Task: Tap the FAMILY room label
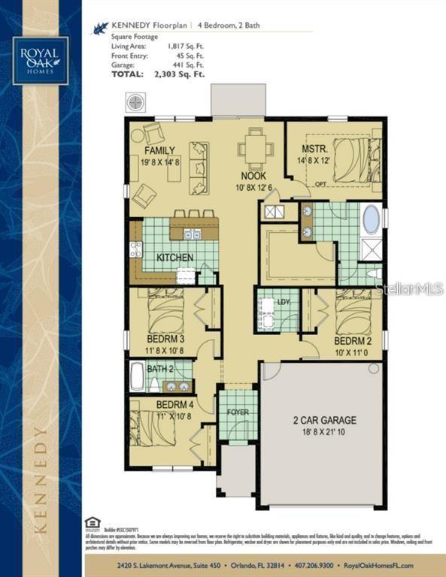tap(160, 150)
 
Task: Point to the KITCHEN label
tap(174, 258)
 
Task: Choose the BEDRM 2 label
tap(353, 340)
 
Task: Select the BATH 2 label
tap(160, 369)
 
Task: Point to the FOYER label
tap(238, 412)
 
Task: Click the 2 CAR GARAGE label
tap(324, 421)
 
